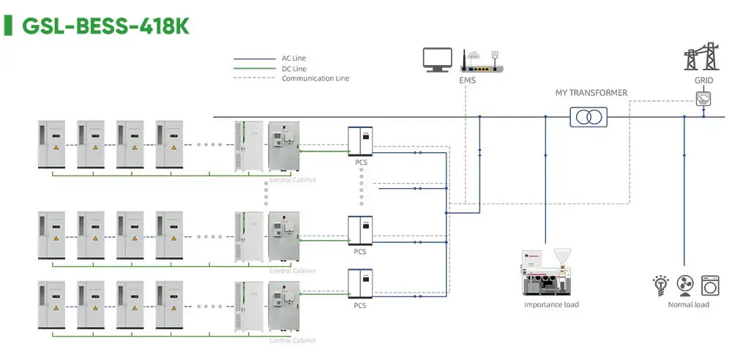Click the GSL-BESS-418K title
[x=106, y=26]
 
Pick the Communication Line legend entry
[x=315, y=78]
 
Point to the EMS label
[x=467, y=80]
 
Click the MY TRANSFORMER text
[x=591, y=93]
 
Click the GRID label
[x=703, y=80]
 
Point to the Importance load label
[x=551, y=304]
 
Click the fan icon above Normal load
[x=687, y=284]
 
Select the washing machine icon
[x=710, y=284]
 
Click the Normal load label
[x=688, y=304]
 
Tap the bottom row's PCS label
[x=359, y=305]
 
